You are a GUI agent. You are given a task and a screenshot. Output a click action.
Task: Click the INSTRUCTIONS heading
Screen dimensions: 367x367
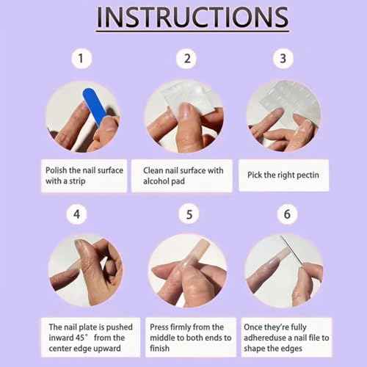click(192, 17)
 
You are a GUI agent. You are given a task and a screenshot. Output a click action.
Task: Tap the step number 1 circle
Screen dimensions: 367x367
click(81, 59)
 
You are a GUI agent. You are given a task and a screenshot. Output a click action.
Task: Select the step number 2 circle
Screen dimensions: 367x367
click(186, 59)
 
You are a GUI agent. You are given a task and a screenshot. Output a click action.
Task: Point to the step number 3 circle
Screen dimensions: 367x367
click(283, 59)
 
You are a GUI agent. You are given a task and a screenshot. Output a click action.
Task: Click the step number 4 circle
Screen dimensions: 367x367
click(76, 214)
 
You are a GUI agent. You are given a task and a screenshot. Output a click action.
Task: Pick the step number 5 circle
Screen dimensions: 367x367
click(189, 214)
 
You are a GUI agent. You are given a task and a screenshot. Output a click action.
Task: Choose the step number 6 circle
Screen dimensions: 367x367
click(287, 214)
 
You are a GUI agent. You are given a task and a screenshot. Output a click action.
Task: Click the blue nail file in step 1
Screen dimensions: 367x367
click(95, 106)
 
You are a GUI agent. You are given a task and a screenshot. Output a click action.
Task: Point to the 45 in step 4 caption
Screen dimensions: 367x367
click(80, 338)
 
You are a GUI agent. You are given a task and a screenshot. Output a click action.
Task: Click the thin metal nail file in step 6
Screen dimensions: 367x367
click(293, 250)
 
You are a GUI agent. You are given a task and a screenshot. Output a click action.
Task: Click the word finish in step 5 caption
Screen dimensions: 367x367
click(159, 349)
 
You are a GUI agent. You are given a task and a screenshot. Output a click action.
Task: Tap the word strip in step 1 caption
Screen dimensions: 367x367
click(77, 181)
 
